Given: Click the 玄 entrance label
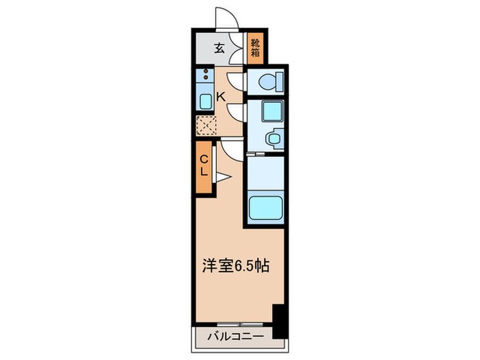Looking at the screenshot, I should [219, 48].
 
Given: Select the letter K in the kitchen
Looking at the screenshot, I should [220, 97].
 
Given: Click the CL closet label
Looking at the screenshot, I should [204, 167].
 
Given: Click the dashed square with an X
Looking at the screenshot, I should [206, 125].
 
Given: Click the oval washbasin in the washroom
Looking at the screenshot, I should [273, 138].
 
